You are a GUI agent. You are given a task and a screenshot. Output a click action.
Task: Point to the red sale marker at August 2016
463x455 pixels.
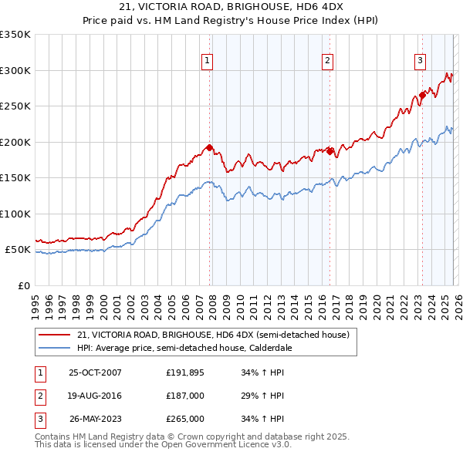tap(330, 151)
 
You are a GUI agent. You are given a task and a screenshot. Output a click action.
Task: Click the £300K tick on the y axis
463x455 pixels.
tap(15, 70)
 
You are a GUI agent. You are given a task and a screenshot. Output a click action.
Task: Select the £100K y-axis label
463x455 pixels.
tap(15, 214)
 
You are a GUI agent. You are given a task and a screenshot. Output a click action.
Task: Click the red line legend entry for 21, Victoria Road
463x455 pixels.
tap(213, 335)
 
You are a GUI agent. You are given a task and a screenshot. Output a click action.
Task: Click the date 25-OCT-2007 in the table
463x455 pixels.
tap(95, 372)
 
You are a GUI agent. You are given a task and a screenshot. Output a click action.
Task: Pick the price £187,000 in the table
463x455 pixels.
tap(185, 396)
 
